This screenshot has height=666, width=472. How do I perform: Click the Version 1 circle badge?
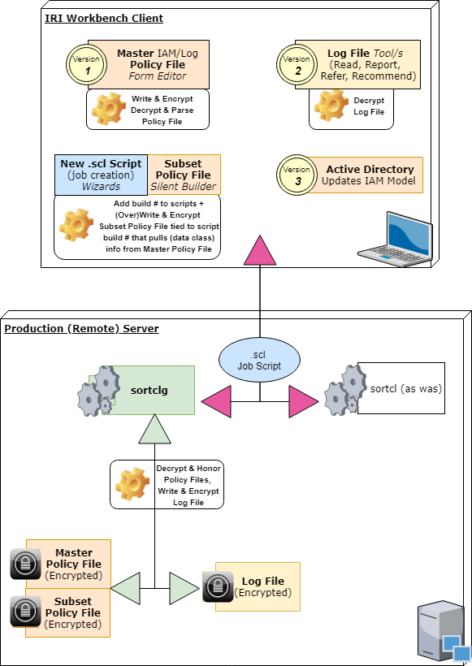86,65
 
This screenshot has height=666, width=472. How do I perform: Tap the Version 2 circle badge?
297,65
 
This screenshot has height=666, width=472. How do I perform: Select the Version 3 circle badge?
297,175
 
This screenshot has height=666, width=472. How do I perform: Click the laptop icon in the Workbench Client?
396,240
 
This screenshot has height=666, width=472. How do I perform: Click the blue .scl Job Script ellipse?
259,360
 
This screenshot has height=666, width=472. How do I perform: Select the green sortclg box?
149,390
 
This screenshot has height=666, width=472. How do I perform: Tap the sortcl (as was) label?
405,389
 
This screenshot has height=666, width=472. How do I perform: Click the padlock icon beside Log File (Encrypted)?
218,586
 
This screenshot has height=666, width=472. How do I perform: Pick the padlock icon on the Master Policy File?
25,564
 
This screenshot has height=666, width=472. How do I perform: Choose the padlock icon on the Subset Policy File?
25,612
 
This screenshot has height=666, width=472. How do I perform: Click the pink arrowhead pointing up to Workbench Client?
260,250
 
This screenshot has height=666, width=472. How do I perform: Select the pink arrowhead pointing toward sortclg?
216,401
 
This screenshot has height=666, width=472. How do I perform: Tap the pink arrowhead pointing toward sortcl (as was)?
304,401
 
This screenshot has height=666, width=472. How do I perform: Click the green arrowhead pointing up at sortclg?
154,429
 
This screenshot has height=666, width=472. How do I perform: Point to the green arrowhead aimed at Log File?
184,588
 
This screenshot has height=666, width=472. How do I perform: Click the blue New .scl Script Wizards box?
101,175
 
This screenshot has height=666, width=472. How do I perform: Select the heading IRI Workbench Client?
104,18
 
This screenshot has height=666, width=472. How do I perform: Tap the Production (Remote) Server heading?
81,328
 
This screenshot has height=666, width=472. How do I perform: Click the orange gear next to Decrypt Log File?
331,106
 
